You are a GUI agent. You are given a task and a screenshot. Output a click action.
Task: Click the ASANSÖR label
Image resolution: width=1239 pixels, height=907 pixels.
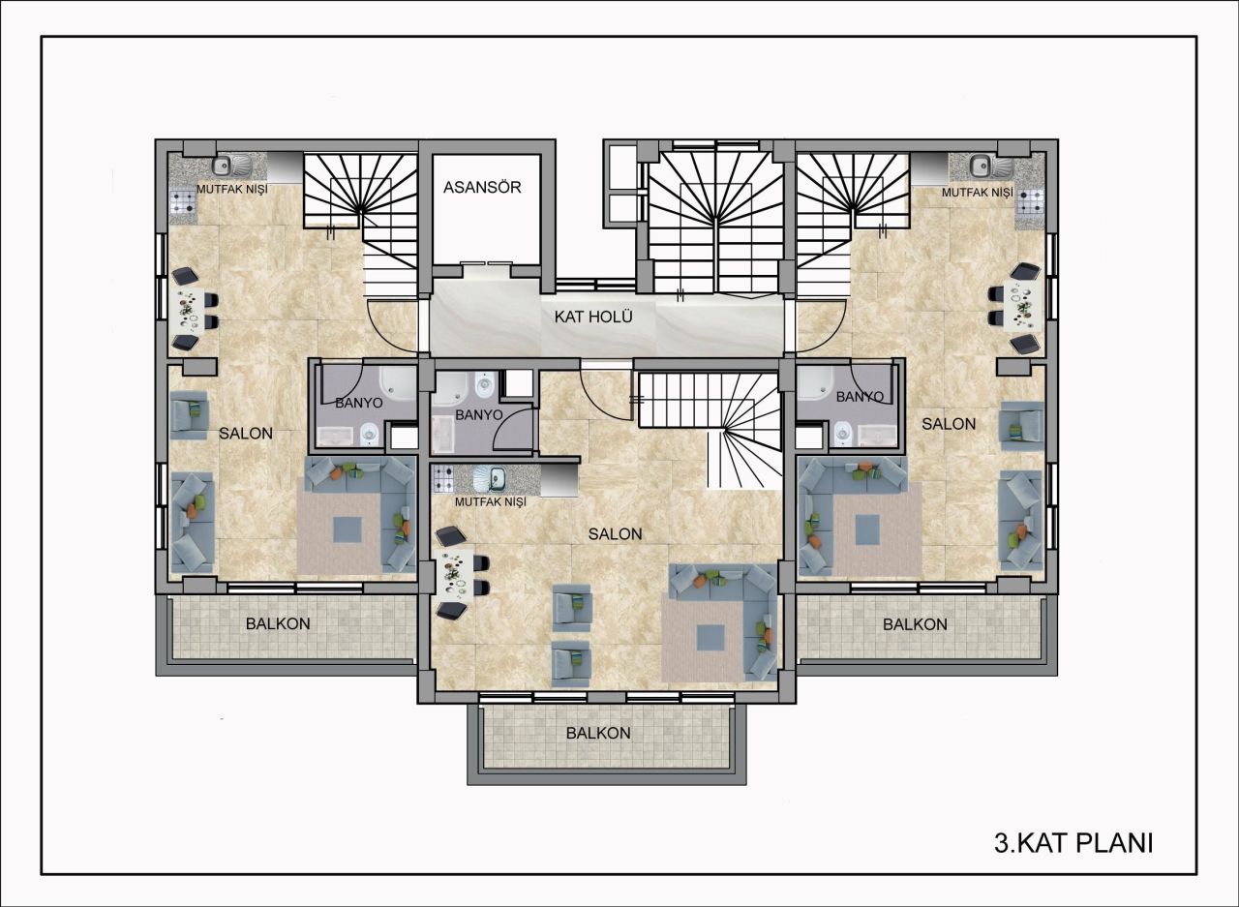(x=482, y=187)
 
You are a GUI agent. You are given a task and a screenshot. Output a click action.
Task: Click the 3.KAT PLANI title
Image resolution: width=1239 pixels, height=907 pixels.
(x=1073, y=842)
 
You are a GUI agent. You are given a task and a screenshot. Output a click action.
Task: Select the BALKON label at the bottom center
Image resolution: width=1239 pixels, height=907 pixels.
(x=598, y=733)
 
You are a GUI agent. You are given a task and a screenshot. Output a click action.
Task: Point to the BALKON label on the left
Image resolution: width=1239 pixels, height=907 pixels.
(x=278, y=623)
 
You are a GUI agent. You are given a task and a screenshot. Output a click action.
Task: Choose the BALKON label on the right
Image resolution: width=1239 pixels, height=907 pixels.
(x=915, y=624)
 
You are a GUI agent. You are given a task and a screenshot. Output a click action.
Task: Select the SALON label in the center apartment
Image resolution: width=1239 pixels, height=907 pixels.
(x=615, y=533)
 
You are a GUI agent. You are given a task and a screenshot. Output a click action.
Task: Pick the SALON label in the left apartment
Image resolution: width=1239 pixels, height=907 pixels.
(x=245, y=434)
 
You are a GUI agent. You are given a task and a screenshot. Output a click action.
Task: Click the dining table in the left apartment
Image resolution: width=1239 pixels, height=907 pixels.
(x=190, y=309)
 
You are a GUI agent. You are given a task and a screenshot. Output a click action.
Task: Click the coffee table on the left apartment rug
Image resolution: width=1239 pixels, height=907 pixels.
(x=348, y=529)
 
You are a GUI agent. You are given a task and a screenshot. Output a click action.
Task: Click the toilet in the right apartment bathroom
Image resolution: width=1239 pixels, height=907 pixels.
(x=843, y=432)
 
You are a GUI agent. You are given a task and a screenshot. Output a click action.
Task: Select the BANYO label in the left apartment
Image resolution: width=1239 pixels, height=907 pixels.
(x=359, y=402)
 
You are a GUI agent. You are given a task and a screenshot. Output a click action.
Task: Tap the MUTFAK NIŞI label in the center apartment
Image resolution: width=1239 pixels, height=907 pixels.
(x=490, y=502)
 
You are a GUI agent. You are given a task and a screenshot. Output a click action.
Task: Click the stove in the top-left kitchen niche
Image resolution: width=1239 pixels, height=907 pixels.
(x=182, y=201)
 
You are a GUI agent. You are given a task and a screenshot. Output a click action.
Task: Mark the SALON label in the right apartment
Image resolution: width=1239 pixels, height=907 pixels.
(x=948, y=424)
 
